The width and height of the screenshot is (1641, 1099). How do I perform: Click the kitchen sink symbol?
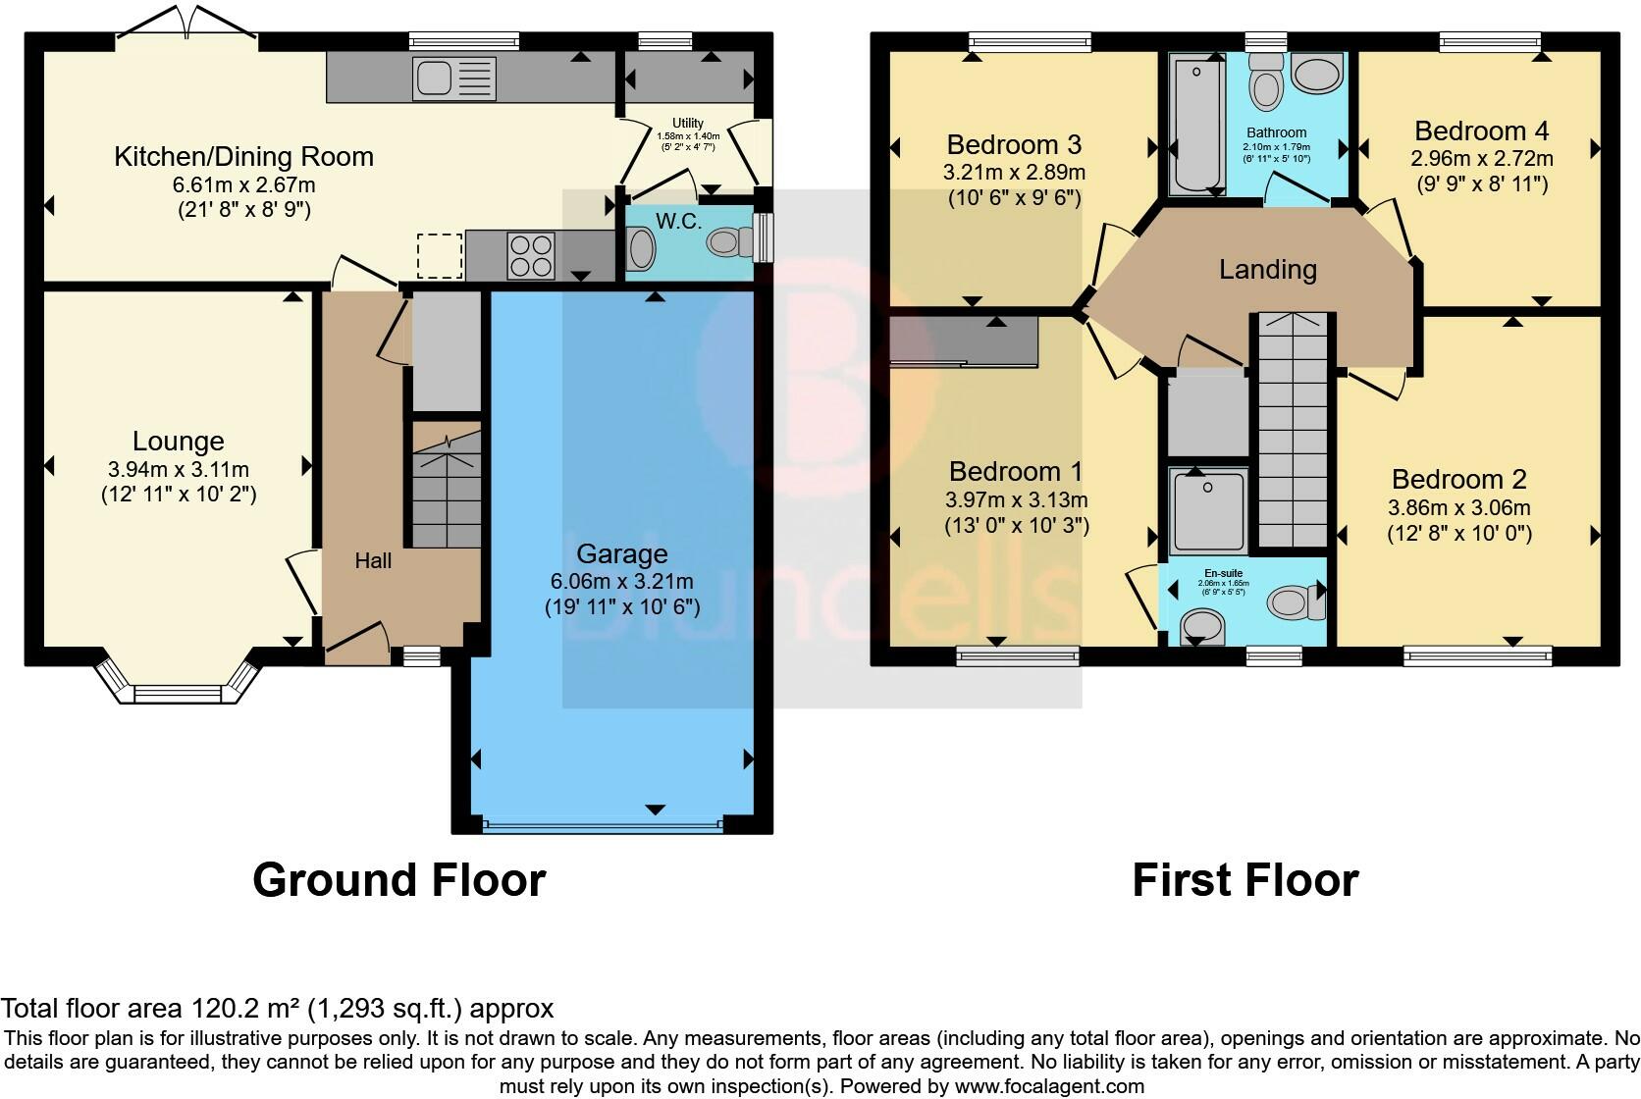(x=455, y=78)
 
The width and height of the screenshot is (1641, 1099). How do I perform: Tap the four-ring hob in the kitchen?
(x=529, y=254)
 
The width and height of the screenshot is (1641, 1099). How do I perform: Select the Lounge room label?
(x=179, y=442)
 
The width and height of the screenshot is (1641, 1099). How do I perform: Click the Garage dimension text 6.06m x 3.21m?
(x=622, y=580)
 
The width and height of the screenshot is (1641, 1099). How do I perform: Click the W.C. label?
(x=678, y=221)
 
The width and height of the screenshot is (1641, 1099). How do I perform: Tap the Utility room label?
(x=687, y=124)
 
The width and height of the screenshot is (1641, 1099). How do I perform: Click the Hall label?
(x=373, y=560)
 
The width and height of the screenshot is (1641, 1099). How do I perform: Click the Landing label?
(x=1267, y=269)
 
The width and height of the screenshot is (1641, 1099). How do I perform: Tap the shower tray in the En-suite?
(x=1208, y=509)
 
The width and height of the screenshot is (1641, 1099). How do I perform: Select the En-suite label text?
(x=1223, y=573)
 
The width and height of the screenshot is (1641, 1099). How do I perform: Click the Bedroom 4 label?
(x=1482, y=131)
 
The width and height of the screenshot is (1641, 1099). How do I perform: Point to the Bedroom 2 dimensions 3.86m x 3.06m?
(x=1458, y=507)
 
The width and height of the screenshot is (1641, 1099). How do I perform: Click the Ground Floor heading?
(x=398, y=879)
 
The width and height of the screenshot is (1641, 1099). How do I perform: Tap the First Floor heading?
(x=1244, y=879)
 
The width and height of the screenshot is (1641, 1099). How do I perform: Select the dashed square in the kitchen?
(x=439, y=255)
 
